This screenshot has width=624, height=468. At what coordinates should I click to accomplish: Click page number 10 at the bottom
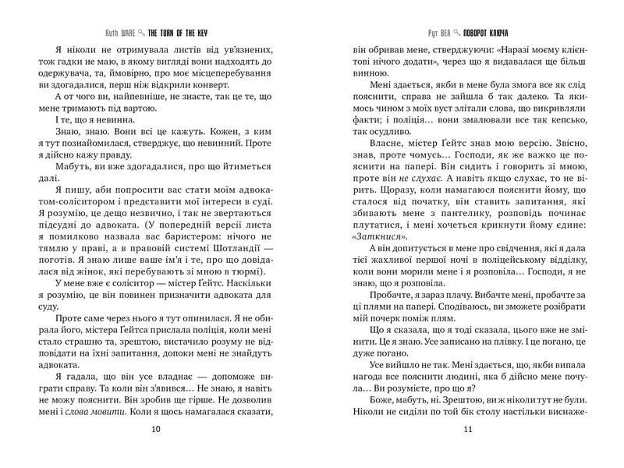(156, 428)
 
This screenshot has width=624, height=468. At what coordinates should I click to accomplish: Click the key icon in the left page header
(140, 36)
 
